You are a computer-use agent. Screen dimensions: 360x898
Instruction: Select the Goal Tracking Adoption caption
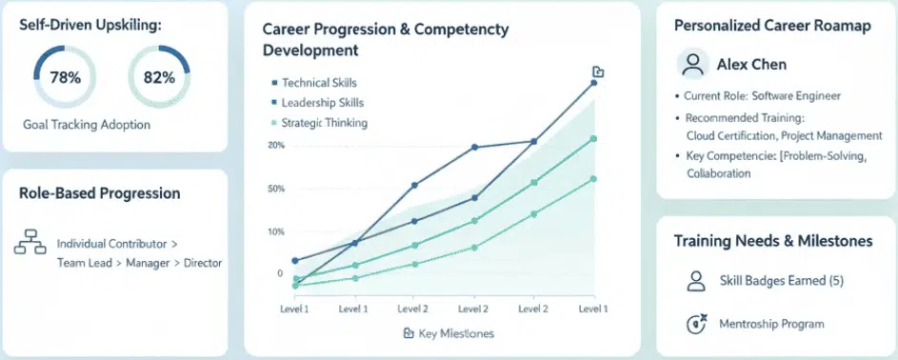(x=87, y=125)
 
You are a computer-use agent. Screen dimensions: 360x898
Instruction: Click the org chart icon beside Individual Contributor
(x=30, y=243)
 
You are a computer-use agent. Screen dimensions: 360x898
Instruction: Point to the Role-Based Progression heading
(x=99, y=193)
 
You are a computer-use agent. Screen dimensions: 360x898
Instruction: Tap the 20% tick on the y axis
(x=276, y=145)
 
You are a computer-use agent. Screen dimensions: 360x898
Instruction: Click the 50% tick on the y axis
(x=276, y=189)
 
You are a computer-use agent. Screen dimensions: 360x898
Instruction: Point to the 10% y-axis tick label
(x=276, y=231)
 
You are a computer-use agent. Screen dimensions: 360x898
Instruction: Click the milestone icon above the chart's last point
(x=597, y=71)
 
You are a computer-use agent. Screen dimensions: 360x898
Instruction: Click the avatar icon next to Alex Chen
(x=692, y=64)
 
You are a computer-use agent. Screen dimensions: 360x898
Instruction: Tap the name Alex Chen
(x=751, y=65)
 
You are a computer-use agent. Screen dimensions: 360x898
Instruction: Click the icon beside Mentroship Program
(x=696, y=324)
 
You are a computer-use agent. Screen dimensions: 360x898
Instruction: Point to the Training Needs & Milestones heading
(x=772, y=241)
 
